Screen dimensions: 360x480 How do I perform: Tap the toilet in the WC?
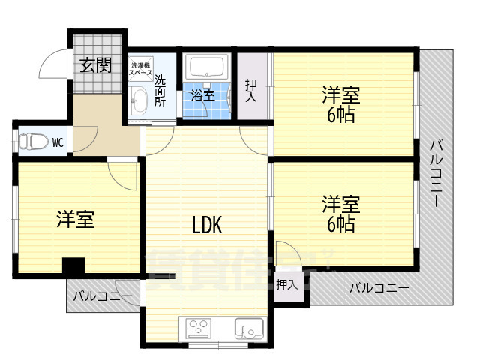(30, 141)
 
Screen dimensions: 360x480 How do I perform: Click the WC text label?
(57, 141)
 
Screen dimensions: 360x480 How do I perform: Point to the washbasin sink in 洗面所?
(138, 101)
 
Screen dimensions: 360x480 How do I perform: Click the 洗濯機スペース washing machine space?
(140, 69)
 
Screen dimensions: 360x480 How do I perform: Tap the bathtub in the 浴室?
(207, 68)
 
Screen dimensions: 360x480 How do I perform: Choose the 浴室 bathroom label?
(202, 96)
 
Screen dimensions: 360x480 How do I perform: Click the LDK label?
(206, 224)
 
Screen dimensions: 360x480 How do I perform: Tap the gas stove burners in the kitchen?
(199, 328)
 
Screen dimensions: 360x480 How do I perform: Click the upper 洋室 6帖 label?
(340, 105)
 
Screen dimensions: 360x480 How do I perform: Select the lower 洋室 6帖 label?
(340, 214)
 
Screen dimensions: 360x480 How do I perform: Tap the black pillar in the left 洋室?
(73, 267)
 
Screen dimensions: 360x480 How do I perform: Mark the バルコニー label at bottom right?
(379, 287)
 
